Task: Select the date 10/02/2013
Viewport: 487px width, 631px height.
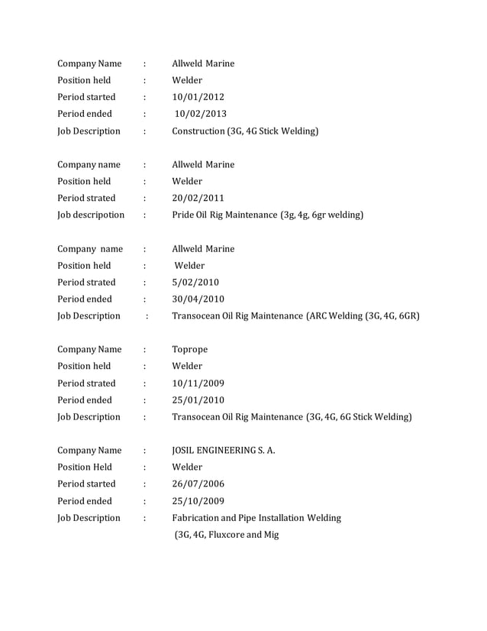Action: [x=201, y=114]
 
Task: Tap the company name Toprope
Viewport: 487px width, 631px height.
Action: [x=189, y=349]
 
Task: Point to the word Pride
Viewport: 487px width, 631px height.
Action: [x=185, y=215]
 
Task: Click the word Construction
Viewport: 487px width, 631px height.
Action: [x=198, y=131]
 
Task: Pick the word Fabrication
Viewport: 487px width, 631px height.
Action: [x=198, y=518]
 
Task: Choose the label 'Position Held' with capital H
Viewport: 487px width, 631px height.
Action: [x=85, y=467]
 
